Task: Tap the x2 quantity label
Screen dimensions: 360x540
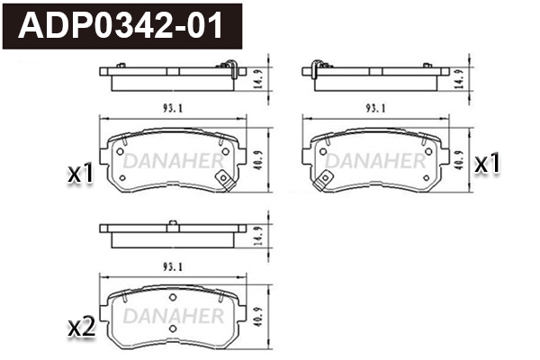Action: click(81, 328)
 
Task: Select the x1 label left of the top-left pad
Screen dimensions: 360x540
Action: click(81, 173)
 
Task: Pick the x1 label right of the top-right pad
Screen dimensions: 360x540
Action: click(487, 163)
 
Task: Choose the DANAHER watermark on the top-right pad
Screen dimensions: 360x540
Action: click(375, 160)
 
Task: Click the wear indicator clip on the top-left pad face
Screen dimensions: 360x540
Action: click(226, 183)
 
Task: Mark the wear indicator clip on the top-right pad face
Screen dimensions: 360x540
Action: click(317, 183)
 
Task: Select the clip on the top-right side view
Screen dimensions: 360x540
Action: click(316, 67)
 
